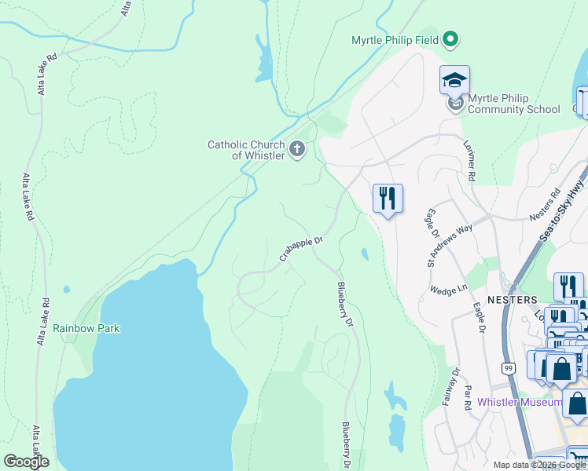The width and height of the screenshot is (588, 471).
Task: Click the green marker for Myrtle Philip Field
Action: (x=450, y=38)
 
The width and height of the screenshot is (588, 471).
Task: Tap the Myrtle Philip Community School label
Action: (x=513, y=104)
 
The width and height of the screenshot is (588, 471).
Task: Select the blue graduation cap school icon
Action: (x=454, y=79)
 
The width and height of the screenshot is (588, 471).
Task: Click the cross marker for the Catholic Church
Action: (x=297, y=149)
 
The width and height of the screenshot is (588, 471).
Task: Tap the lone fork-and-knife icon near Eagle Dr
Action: (x=387, y=197)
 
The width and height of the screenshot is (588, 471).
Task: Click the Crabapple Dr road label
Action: (x=302, y=249)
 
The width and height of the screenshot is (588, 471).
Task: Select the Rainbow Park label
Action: (x=86, y=328)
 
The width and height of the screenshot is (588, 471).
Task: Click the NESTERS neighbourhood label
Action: (x=512, y=300)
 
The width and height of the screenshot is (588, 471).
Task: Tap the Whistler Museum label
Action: (x=520, y=403)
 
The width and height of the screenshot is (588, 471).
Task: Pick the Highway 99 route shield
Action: (x=509, y=367)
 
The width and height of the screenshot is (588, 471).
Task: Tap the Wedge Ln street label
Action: (x=448, y=290)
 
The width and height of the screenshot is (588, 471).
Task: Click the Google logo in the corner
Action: (x=25, y=462)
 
